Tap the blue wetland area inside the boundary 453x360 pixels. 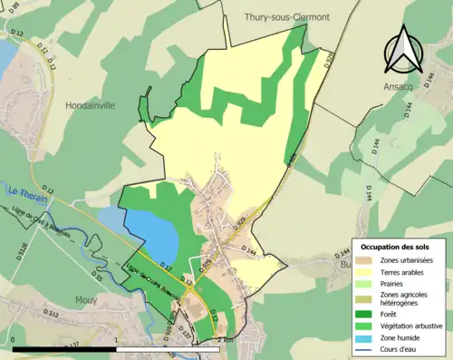(x=149, y=235)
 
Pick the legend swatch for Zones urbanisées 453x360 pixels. (x=363, y=260)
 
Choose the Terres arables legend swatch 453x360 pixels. (x=363, y=271)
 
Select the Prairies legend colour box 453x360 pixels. (x=363, y=283)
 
